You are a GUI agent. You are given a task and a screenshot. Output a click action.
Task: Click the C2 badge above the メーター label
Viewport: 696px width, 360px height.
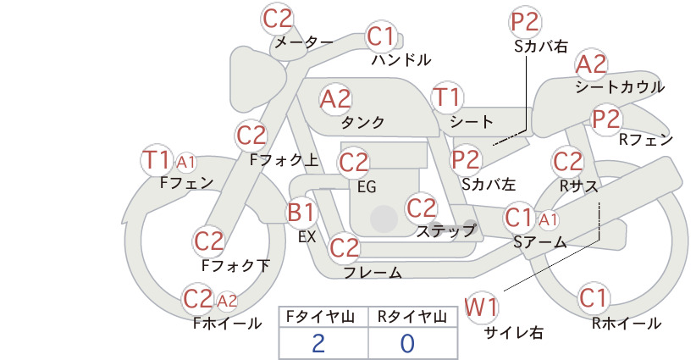point(278,19)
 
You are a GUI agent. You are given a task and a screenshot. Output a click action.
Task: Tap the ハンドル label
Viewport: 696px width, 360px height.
point(401,59)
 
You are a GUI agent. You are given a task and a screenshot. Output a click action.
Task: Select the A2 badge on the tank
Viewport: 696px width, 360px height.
point(335,99)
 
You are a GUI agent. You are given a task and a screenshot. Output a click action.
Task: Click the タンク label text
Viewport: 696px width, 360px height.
point(362,123)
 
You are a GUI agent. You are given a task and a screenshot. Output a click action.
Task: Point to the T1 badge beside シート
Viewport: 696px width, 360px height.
point(447,97)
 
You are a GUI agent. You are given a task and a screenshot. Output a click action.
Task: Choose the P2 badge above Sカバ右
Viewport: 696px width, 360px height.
point(525,22)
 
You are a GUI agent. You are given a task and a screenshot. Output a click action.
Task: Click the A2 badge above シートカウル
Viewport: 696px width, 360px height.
point(591,65)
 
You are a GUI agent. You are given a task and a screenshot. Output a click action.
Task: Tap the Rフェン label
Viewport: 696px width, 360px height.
point(646,140)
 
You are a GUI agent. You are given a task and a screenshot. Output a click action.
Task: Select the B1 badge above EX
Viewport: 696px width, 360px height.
point(301,212)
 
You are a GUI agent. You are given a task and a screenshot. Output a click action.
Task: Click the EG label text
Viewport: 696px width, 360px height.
point(367,187)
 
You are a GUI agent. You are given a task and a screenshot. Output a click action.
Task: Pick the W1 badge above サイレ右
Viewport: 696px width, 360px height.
point(481,307)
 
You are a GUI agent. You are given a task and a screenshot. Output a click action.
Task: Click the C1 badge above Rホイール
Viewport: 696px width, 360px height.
point(593,298)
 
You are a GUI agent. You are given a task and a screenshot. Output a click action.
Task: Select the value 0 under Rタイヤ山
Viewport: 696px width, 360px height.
point(407,343)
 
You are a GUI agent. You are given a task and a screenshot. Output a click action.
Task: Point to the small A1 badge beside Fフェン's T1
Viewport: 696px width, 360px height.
point(185,163)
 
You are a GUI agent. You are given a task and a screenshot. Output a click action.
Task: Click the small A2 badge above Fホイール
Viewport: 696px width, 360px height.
point(227,301)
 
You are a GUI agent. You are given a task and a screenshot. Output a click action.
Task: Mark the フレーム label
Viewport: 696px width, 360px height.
point(373,273)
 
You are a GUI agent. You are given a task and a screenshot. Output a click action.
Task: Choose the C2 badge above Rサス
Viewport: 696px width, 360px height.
point(567,162)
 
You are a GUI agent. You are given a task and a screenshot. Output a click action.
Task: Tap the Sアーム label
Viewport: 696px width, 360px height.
point(540,242)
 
